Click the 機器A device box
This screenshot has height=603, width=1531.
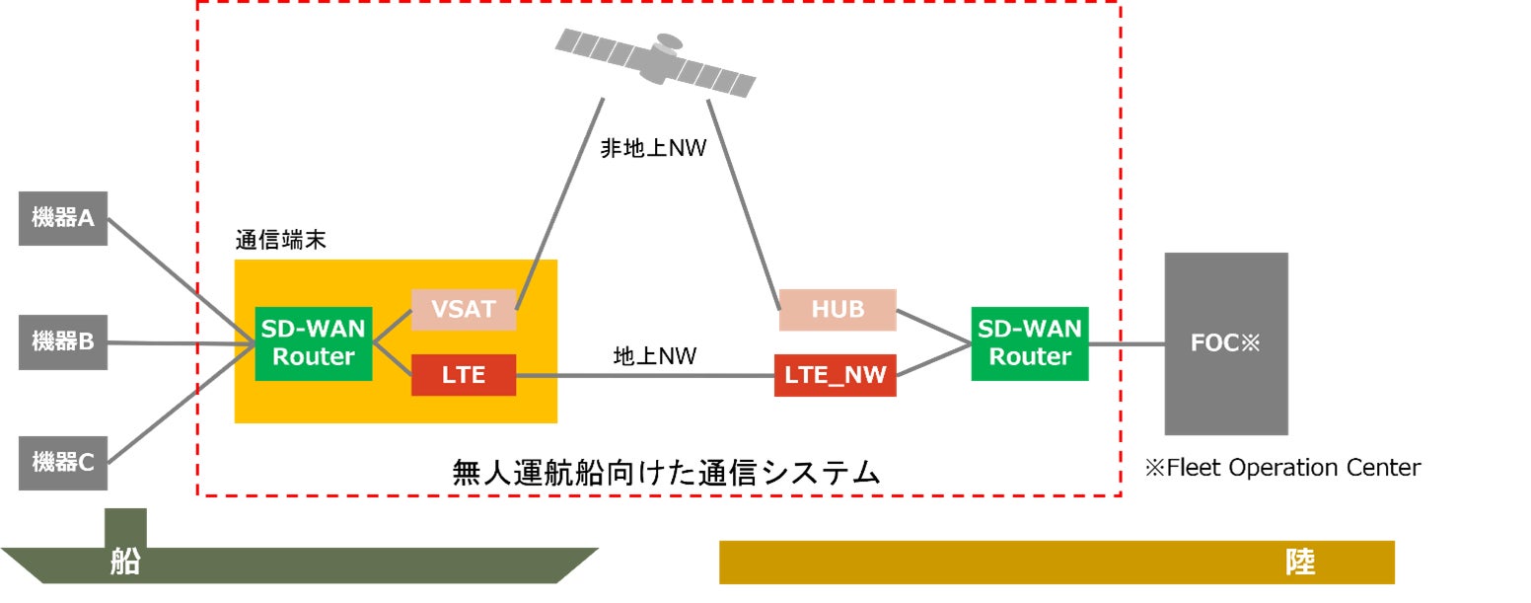point(63,218)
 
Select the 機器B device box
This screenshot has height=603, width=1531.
point(63,342)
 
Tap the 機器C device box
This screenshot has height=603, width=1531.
point(63,462)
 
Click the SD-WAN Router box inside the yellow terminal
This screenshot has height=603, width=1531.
point(314,342)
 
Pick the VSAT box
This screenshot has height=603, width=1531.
point(464,309)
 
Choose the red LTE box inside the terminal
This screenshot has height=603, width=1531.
point(464,375)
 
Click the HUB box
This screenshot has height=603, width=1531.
point(838,309)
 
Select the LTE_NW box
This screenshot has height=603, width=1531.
point(836,375)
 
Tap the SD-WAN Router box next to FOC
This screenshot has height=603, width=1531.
point(1030,342)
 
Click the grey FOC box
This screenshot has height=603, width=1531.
point(1226,343)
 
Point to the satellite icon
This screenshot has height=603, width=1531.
point(656,61)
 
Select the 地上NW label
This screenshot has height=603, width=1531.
point(655,356)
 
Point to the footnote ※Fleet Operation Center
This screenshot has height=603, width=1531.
point(1282,468)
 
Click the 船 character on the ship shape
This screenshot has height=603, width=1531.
point(124,564)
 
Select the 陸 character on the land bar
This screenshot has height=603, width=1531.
point(1299,563)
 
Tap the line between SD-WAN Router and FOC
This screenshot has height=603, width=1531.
point(1127,344)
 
